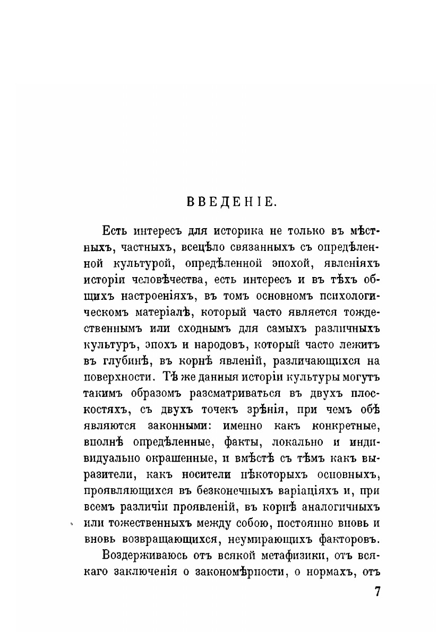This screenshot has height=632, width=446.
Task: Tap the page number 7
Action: (x=378, y=592)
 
